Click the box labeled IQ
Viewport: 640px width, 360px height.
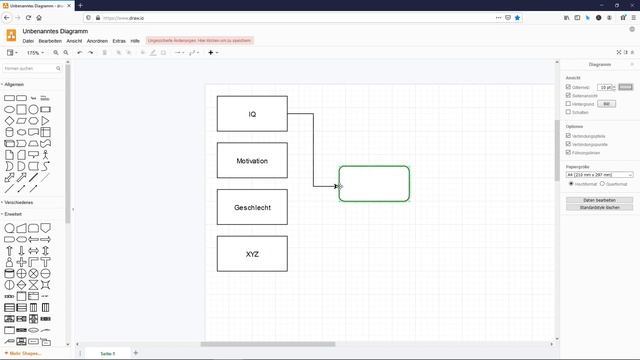point(252,114)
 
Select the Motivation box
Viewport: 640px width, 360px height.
point(252,160)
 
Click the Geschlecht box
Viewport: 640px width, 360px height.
point(252,207)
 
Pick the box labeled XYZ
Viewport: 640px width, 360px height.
point(252,254)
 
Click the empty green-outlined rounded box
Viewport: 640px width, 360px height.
point(374,183)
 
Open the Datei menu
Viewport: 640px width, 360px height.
point(28,40)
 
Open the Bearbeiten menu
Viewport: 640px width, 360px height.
point(50,40)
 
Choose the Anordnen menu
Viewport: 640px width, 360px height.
point(97,40)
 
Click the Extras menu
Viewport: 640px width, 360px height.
point(119,40)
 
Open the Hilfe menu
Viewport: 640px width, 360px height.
point(135,40)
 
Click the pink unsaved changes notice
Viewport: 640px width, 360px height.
point(199,40)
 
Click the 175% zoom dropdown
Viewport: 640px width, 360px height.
point(35,52)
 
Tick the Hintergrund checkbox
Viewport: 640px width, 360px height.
point(568,103)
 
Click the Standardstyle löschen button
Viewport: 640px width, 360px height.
point(599,207)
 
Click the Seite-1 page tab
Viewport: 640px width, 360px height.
point(107,353)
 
